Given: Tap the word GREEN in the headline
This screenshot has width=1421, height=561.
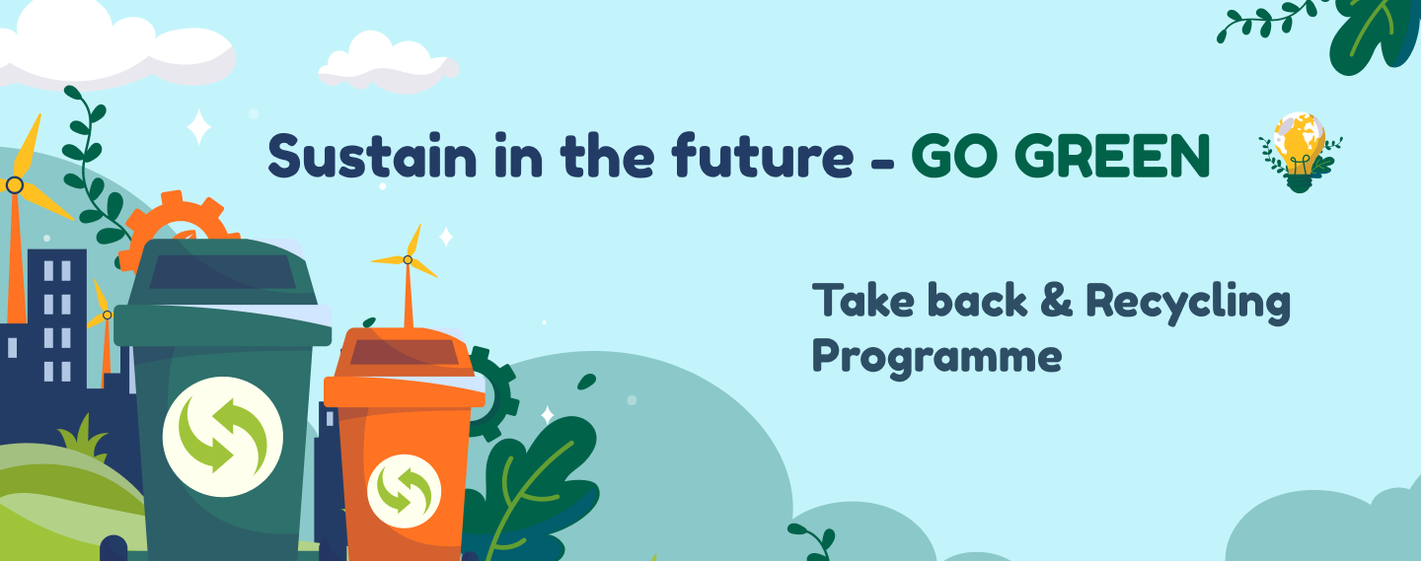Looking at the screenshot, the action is coord(1116,156).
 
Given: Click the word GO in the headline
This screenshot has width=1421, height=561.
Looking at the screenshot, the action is coord(957,156).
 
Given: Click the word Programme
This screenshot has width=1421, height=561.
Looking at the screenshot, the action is coord(937,358).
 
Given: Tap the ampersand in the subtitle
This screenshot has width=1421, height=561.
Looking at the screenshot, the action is coord(1056,300).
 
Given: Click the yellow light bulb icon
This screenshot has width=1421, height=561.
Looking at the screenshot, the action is coord(1300,152).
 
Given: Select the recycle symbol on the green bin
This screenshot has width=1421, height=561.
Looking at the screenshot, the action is coord(222,436).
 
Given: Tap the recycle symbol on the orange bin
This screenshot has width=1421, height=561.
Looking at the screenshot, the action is coord(405,491).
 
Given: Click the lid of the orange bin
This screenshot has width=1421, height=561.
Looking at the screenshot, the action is coord(405,368).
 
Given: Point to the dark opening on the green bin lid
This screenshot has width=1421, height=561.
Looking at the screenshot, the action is coord(223,272).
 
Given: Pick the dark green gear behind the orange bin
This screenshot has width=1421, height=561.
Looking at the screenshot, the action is coord(498,393).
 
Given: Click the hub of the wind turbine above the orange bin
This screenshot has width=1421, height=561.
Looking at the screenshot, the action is coord(408,260).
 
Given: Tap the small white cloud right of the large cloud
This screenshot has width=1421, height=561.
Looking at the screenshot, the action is coord(388,62).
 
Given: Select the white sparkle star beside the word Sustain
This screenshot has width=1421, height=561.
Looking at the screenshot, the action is coord(198,127).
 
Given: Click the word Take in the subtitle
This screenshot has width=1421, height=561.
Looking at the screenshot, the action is coord(866,300).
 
